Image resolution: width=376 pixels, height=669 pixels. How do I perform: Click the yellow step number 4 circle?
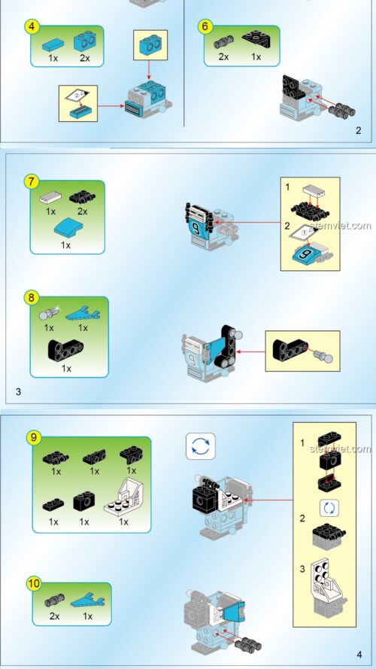(x=32, y=26)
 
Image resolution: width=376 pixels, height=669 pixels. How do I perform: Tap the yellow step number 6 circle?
(x=205, y=26)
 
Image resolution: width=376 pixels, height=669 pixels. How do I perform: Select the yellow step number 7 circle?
(x=32, y=181)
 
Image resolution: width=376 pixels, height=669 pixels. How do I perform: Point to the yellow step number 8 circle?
(x=32, y=297)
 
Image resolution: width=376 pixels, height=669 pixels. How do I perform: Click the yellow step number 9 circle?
(x=33, y=437)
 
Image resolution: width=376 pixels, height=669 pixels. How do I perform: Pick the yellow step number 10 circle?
(x=33, y=584)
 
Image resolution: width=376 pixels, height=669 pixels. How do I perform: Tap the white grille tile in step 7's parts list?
(x=50, y=199)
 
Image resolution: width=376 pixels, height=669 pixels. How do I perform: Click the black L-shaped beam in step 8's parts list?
(x=66, y=349)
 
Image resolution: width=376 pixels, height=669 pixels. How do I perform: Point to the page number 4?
(x=359, y=654)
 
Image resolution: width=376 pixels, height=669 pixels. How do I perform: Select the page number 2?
(x=359, y=130)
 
